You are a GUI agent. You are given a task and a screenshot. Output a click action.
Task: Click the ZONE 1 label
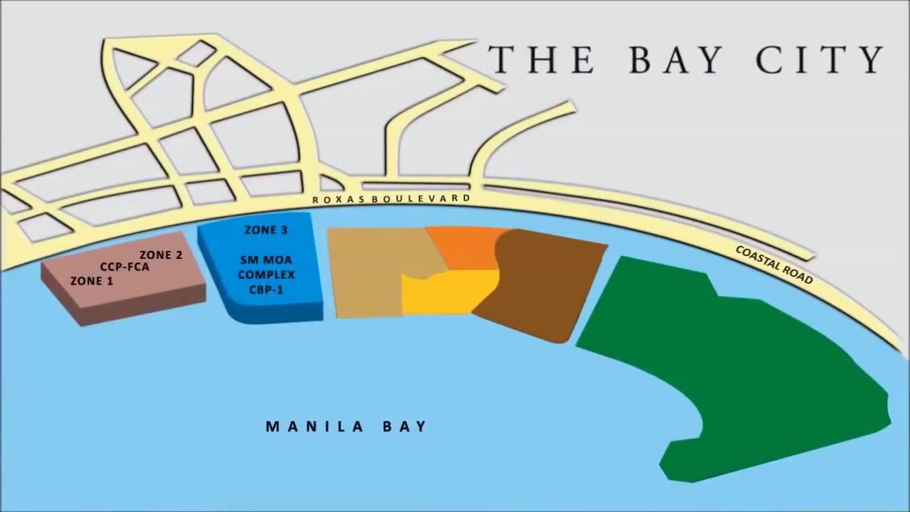point(92,281)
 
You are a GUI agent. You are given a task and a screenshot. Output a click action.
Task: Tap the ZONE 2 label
point(161,255)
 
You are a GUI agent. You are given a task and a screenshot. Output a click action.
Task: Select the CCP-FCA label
point(124,267)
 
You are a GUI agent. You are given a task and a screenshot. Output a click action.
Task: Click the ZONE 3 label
point(266,230)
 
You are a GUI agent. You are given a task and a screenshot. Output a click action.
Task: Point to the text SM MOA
point(266,260)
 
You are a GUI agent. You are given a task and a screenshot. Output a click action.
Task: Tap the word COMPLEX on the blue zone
point(266,274)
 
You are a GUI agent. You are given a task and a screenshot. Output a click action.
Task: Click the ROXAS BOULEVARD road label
point(391,199)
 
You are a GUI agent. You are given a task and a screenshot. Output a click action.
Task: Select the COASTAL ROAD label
point(773,265)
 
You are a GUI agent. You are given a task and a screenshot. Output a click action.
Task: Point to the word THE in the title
point(540,60)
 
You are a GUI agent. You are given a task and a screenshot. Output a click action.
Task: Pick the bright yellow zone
point(444,292)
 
